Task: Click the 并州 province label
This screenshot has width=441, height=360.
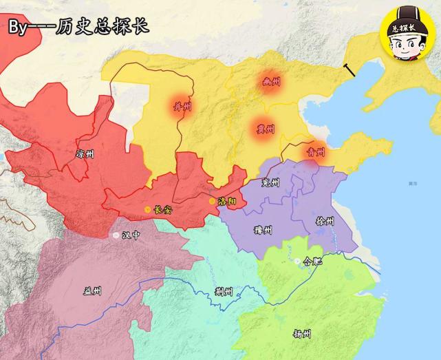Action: (x=184, y=106)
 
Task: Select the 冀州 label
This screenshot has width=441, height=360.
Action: (x=265, y=129)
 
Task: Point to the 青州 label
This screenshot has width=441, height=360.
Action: (x=316, y=152)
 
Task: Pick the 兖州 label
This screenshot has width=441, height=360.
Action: (x=271, y=183)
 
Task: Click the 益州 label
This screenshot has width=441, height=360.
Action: (x=92, y=290)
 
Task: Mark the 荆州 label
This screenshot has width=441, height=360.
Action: (x=224, y=291)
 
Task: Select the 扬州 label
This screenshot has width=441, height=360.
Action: (x=301, y=334)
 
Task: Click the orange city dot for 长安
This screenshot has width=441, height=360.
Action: (x=147, y=209)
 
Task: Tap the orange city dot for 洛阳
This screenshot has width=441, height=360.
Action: (x=212, y=201)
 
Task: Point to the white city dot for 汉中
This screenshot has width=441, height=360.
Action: (x=116, y=235)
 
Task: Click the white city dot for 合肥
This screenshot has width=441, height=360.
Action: (x=297, y=262)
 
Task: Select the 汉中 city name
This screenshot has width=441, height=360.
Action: (x=131, y=235)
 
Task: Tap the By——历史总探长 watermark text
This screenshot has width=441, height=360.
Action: (x=77, y=28)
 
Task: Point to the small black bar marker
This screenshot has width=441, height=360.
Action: (x=349, y=70)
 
